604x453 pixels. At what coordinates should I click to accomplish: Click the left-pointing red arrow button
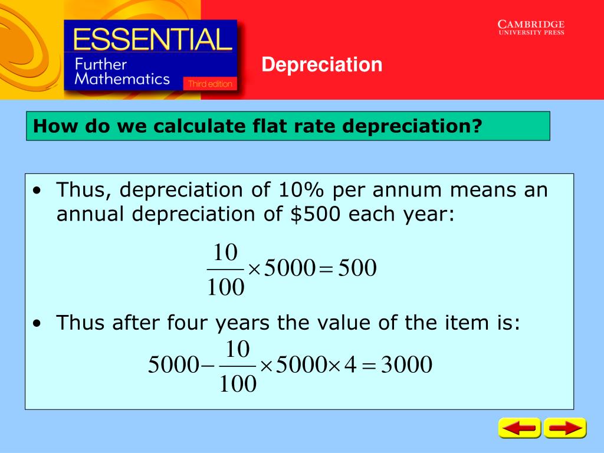tap(519, 428)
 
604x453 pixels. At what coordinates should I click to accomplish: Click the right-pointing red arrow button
tap(565, 428)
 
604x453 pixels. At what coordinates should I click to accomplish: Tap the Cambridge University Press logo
tap(531, 27)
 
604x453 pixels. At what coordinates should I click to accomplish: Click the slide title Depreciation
tap(322, 64)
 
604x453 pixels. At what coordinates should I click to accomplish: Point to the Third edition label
tap(210, 84)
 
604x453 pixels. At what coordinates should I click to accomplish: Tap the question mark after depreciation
tap(476, 126)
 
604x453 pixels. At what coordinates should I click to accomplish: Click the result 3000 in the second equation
tap(406, 365)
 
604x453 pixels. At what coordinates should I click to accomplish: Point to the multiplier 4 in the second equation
tap(350, 365)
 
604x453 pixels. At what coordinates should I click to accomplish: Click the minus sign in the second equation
tap(208, 366)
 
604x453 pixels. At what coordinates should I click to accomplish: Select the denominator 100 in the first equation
tap(225, 288)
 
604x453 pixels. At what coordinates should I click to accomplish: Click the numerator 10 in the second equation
tap(238, 348)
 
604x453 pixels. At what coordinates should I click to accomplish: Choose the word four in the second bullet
tap(188, 323)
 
